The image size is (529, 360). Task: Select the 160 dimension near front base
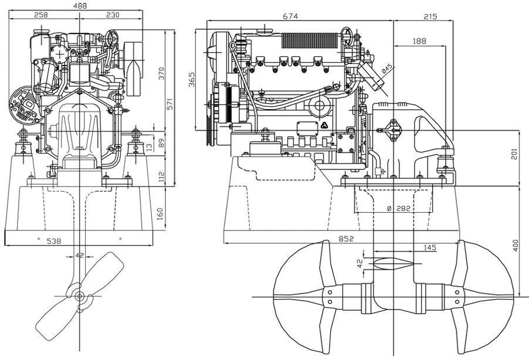coord(160,213)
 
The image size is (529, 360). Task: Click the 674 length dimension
coord(290,16)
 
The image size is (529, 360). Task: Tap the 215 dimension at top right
coord(430,16)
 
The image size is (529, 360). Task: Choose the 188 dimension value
coord(419,41)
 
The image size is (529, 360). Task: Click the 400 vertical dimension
coord(516,245)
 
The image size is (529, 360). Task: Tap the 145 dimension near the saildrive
coord(429,248)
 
